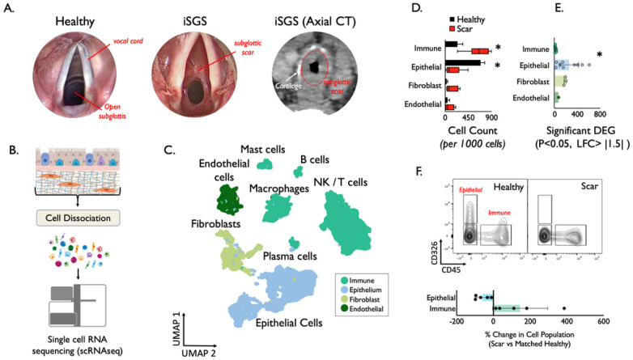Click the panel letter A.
coord(11,8)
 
